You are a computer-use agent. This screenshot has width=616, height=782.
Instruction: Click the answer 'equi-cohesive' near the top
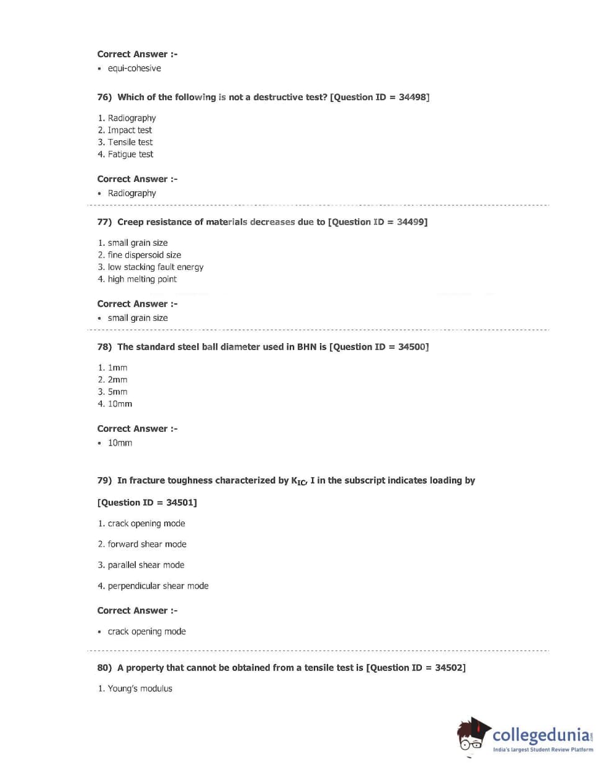pyautogui.click(x=134, y=68)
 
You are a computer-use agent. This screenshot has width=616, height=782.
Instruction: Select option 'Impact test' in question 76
pyautogui.click(x=130, y=130)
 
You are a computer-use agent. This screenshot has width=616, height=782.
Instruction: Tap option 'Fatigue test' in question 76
pyautogui.click(x=130, y=154)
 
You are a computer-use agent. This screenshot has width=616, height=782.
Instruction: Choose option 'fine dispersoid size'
pyautogui.click(x=145, y=254)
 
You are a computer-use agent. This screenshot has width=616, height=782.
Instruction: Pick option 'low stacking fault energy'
pyautogui.click(x=155, y=267)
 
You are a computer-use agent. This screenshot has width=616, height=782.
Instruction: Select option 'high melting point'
pyautogui.click(x=142, y=279)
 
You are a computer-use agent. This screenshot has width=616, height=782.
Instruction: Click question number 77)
pyautogui.click(x=104, y=222)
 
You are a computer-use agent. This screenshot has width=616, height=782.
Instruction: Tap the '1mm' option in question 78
pyautogui.click(x=117, y=367)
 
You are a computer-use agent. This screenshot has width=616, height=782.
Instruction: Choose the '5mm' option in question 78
pyautogui.click(x=117, y=392)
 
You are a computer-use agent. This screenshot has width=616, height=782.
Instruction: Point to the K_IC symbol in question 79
pyautogui.click(x=298, y=481)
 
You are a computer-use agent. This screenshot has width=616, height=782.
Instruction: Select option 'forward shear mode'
pyautogui.click(x=147, y=544)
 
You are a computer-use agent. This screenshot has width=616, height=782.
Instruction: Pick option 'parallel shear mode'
pyautogui.click(x=146, y=565)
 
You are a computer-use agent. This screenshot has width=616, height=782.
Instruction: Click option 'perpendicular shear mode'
pyautogui.click(x=158, y=585)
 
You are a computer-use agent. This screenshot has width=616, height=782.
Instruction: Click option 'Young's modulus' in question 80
pyautogui.click(x=140, y=688)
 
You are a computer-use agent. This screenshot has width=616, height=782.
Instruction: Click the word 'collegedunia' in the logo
pyautogui.click(x=541, y=735)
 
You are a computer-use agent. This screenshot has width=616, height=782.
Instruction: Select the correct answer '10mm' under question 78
pyautogui.click(x=120, y=443)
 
